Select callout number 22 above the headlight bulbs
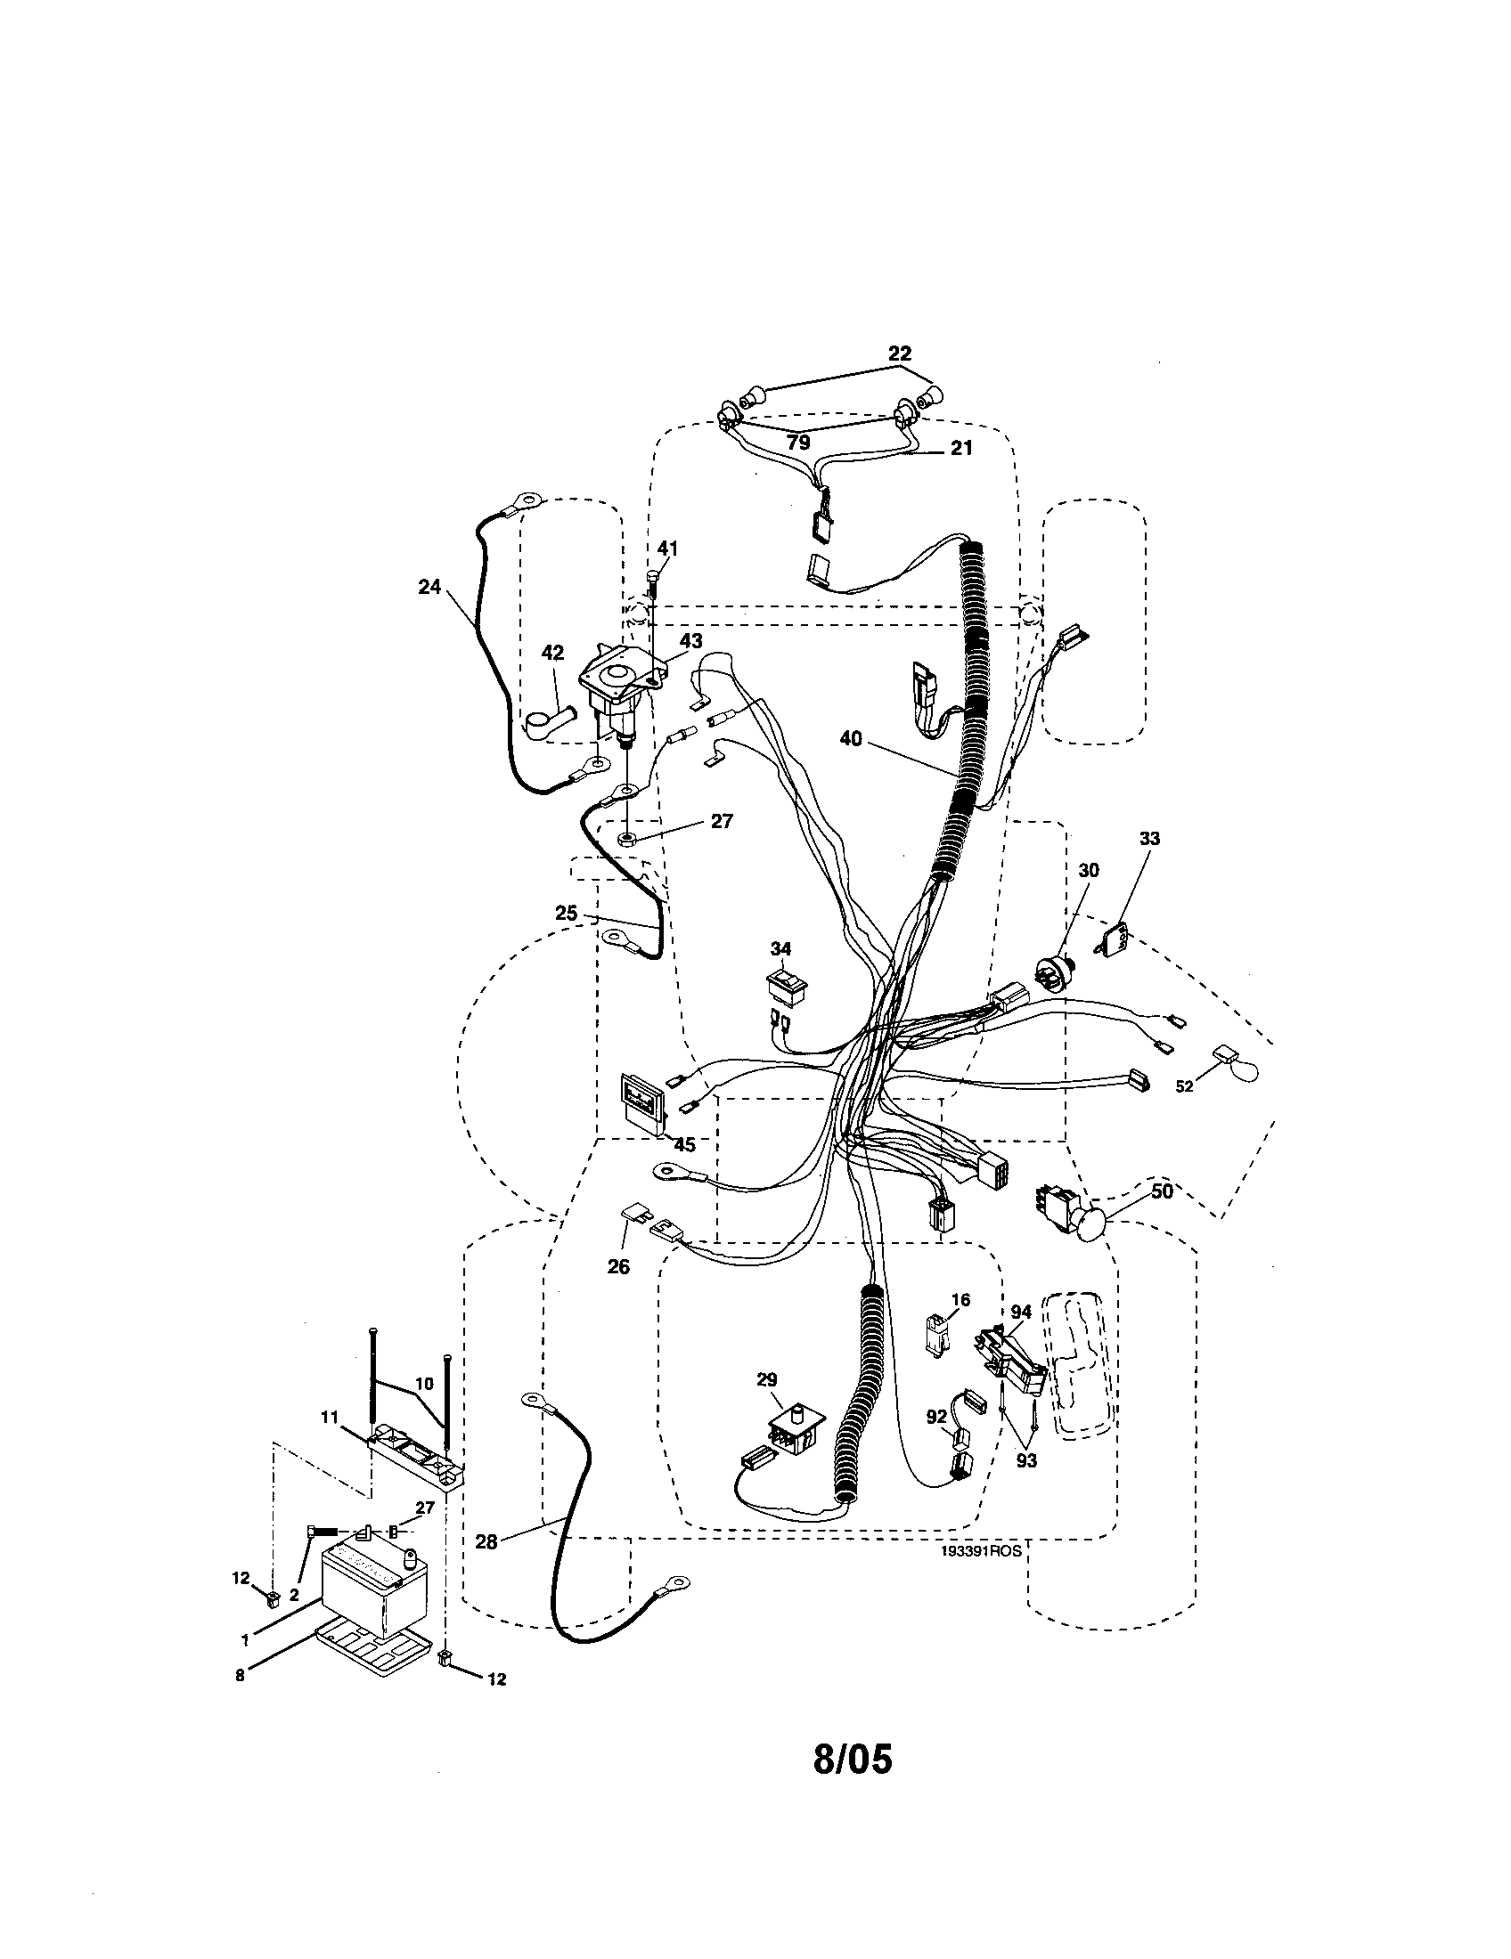click(x=899, y=354)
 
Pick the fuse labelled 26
click(x=634, y=1217)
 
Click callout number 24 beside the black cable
click(x=429, y=587)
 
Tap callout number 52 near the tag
click(x=1184, y=1085)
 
